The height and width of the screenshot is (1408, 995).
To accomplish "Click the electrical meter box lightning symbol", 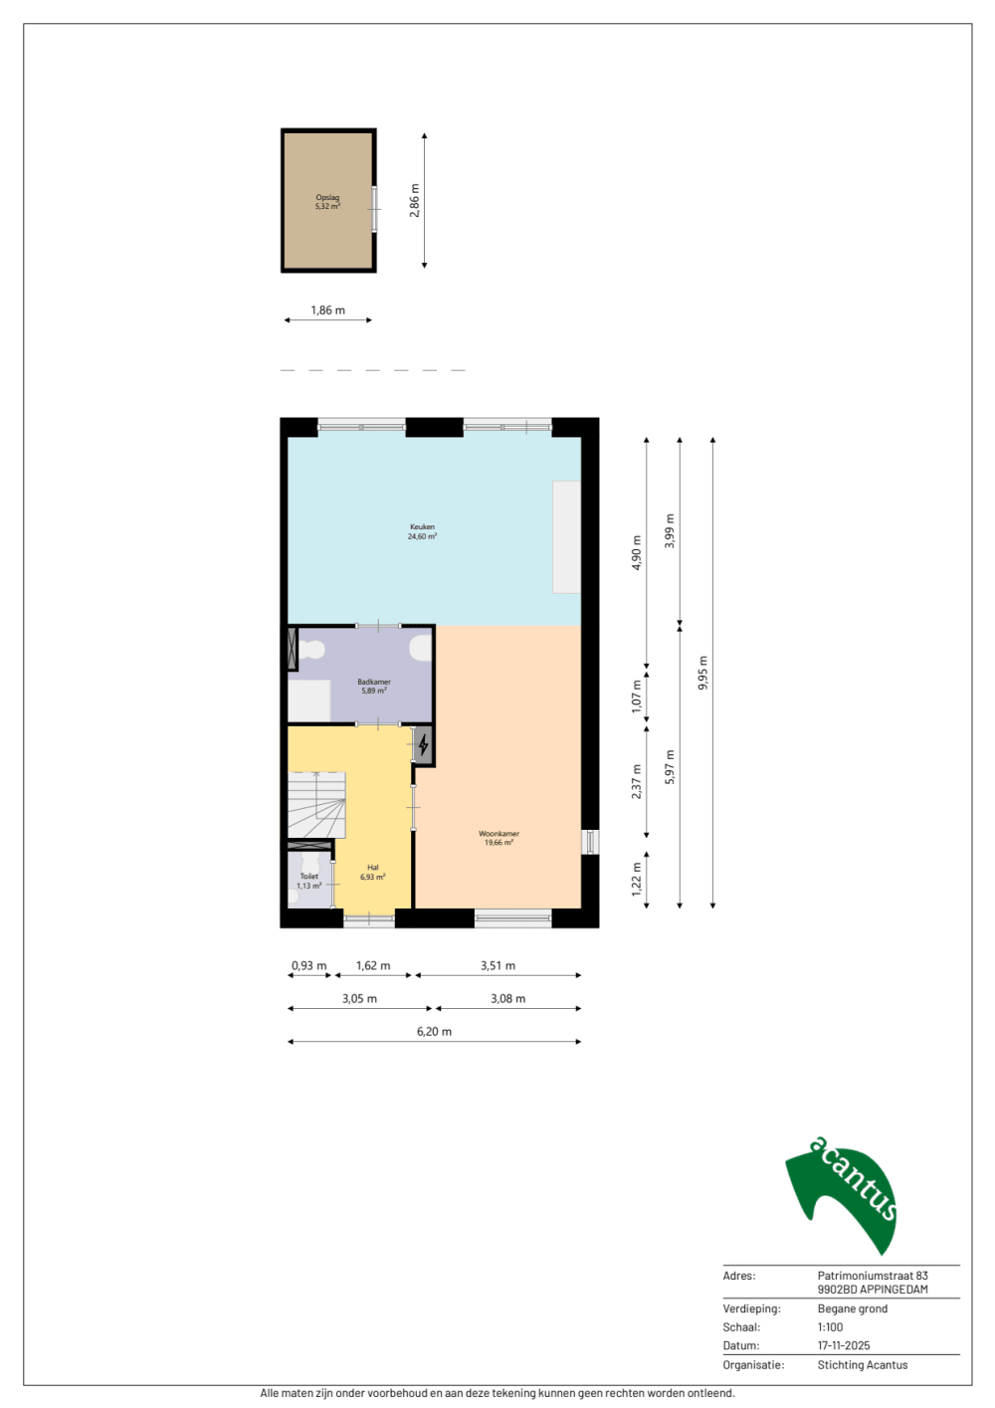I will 423,744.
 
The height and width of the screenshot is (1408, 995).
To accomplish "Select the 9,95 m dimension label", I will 702,673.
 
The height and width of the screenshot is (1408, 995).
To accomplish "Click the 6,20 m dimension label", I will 434,1031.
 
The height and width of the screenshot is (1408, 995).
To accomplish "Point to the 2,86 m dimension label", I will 415,200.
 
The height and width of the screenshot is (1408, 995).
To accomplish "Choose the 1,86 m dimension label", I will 327,310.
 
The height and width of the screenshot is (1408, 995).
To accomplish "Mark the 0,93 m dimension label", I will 308,965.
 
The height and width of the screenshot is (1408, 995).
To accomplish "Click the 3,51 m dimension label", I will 497,965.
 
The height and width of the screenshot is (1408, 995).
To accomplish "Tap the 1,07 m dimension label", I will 637,697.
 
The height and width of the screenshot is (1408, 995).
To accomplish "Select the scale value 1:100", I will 830,1326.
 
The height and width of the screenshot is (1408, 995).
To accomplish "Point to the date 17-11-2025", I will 844,1345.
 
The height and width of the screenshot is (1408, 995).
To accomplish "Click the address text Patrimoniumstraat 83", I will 873,1276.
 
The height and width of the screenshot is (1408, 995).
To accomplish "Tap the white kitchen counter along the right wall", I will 566,537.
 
